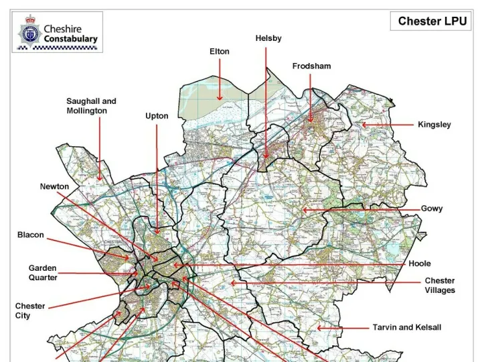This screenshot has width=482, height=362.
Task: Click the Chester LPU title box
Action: click(432, 21)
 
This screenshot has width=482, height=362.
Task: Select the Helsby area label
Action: click(268, 39)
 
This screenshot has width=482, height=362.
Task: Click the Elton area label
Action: click(219, 52)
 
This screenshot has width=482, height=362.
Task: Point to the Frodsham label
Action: click(311, 66)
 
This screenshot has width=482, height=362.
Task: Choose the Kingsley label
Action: click(434, 125)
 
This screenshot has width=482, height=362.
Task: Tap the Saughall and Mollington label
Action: click(91, 106)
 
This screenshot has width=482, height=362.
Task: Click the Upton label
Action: click(157, 116)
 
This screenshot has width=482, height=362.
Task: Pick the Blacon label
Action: click(31, 235)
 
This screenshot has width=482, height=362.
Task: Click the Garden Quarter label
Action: click(43, 272)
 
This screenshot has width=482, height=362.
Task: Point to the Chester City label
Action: click(30, 310)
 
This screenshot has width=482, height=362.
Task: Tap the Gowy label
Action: click(431, 209)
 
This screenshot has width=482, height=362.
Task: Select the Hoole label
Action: click(420, 264)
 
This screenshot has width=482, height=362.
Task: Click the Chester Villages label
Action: click(440, 286)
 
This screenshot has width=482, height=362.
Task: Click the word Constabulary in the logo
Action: click(70, 39)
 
